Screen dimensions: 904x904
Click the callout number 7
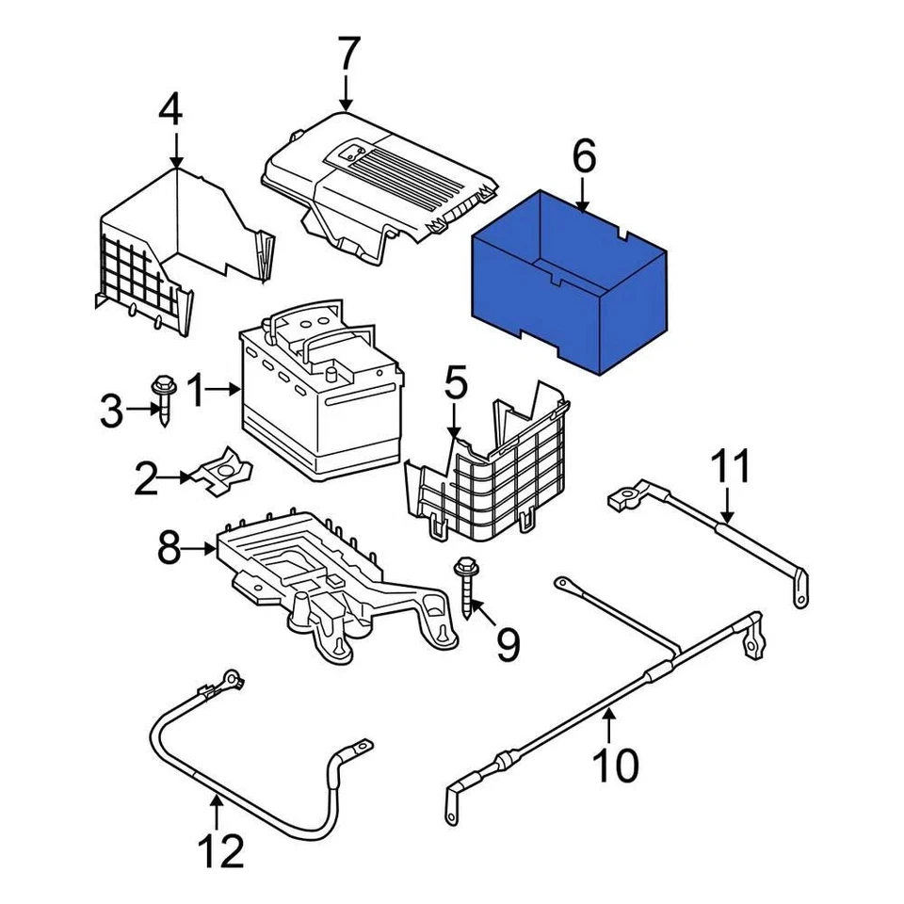pyautogui.click(x=348, y=55)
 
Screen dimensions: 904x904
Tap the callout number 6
pyautogui.click(x=584, y=156)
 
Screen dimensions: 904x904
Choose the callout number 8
pyautogui.click(x=169, y=549)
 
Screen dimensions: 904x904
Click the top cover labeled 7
pyautogui.click(x=377, y=179)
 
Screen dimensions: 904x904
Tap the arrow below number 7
pyautogui.click(x=347, y=94)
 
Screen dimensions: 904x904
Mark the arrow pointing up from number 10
pyautogui.click(x=609, y=725)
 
